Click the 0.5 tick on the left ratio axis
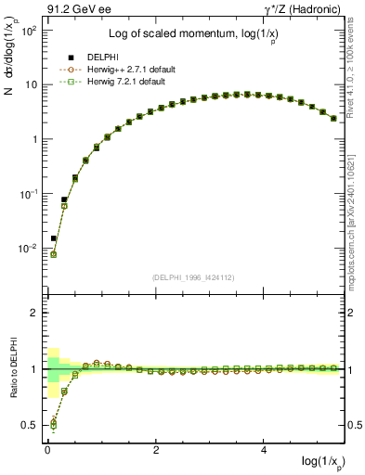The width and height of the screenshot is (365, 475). [29, 426]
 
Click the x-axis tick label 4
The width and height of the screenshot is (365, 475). [266, 451]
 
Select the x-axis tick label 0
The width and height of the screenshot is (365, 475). [47, 451]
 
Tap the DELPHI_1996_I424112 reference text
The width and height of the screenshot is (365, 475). [192, 277]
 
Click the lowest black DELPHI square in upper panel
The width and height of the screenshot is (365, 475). [54, 238]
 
